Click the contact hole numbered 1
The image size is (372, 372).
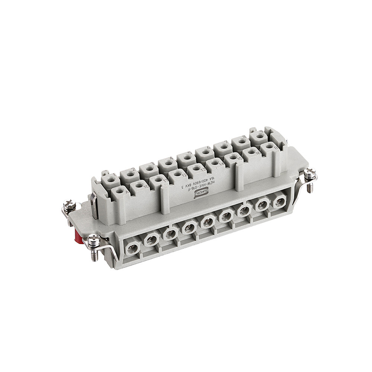[x=110, y=179]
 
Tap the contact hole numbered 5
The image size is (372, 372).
[x=186, y=158]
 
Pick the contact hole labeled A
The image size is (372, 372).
[x=120, y=191]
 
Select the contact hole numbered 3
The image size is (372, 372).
[x=149, y=169]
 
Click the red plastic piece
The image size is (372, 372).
[x=78, y=237]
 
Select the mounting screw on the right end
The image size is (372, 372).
[x=310, y=175]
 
